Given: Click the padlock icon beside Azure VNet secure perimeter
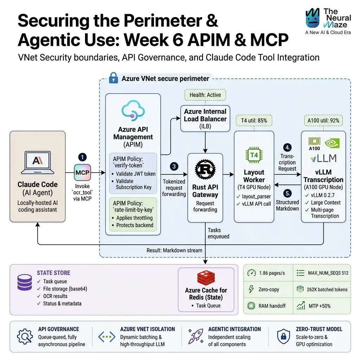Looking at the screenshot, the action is (114, 78).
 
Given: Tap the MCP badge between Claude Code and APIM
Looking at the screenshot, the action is (82, 172).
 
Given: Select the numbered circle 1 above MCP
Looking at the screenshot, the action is (82, 157).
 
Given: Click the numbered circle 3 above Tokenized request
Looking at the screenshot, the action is (174, 166).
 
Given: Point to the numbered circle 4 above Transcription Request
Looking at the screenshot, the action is (287, 147).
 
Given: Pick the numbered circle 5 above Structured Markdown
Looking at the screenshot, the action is (287, 193).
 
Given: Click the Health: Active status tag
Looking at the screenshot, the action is (205, 95).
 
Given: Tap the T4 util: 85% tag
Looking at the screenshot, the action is (254, 121).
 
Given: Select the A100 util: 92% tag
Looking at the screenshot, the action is (323, 121).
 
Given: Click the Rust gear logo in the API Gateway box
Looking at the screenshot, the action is (205, 169).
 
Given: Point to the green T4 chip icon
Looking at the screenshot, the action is (254, 155).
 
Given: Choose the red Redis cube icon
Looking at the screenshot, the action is (206, 278).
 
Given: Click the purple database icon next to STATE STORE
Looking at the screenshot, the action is (25, 282).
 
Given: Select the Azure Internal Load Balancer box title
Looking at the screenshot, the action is (205, 115).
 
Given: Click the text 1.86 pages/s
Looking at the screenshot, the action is (272, 273).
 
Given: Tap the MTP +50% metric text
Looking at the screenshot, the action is (320, 306).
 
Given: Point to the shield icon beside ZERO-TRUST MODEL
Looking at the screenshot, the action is (284, 336).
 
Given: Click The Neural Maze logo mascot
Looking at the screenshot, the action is (313, 18).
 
